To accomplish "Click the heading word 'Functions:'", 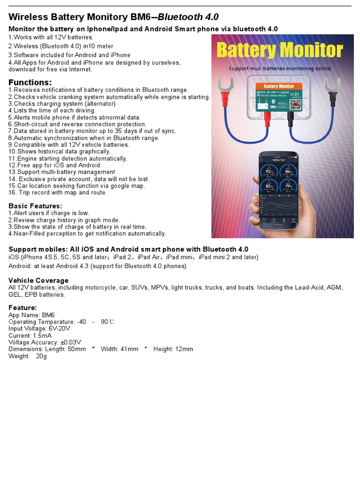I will tap(30, 82).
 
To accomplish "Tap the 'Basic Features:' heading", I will tap(35, 206).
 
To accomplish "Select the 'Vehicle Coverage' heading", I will tap(38, 280).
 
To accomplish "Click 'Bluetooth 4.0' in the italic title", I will tap(188, 17).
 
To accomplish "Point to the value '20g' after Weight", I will tap(41, 356).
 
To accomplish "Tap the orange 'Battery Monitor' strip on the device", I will tap(279, 86).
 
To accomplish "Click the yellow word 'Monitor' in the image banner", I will tap(312, 50).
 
